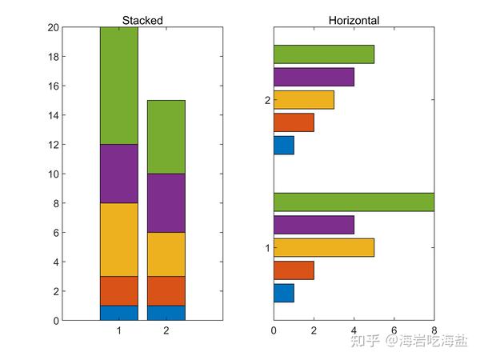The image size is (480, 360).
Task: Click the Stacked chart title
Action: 142,20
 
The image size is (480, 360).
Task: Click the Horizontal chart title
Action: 354,20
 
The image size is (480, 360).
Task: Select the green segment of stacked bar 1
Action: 118,86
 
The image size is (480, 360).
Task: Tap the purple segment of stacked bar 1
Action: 118,174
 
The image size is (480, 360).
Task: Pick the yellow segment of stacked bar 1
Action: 118,239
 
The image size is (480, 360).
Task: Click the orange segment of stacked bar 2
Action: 166,291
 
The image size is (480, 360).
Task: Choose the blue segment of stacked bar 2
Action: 166,313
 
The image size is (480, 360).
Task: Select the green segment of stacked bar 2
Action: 166,137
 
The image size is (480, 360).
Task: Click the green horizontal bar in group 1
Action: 354,202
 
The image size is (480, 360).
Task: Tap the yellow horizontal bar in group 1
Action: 323,247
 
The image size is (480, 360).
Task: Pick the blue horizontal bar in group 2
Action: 284,145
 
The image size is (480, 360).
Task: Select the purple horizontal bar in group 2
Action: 314,77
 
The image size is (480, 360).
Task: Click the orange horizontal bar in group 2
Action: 294,122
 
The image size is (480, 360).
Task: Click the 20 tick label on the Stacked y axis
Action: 54,27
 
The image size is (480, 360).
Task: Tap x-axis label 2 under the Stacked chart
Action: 166,330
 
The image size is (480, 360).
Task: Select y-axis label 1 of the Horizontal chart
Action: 267,247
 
